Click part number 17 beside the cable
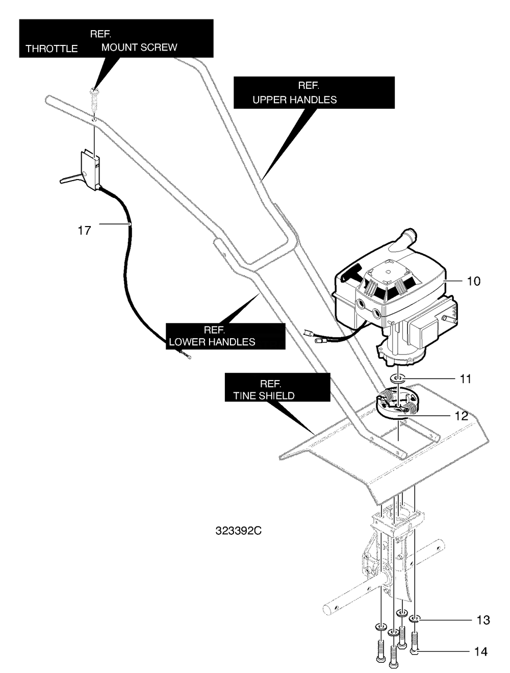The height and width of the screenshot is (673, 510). [x=84, y=230]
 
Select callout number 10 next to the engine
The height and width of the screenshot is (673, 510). [x=473, y=281]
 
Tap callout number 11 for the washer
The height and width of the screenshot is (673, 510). [x=465, y=379]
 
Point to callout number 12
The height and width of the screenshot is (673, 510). [x=461, y=416]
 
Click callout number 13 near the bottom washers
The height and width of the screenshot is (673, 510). [x=483, y=620]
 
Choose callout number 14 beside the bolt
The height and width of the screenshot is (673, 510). [x=480, y=652]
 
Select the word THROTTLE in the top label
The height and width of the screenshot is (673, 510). [x=52, y=49]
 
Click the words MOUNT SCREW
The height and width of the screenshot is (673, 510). [x=139, y=47]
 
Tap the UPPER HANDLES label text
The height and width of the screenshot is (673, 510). [x=295, y=99]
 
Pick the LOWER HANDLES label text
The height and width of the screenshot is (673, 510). [x=212, y=342]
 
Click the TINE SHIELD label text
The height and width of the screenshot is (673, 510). [x=264, y=396]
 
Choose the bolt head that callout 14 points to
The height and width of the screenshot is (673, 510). [x=414, y=652]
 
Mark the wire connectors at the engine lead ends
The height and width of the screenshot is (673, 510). [x=313, y=336]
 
